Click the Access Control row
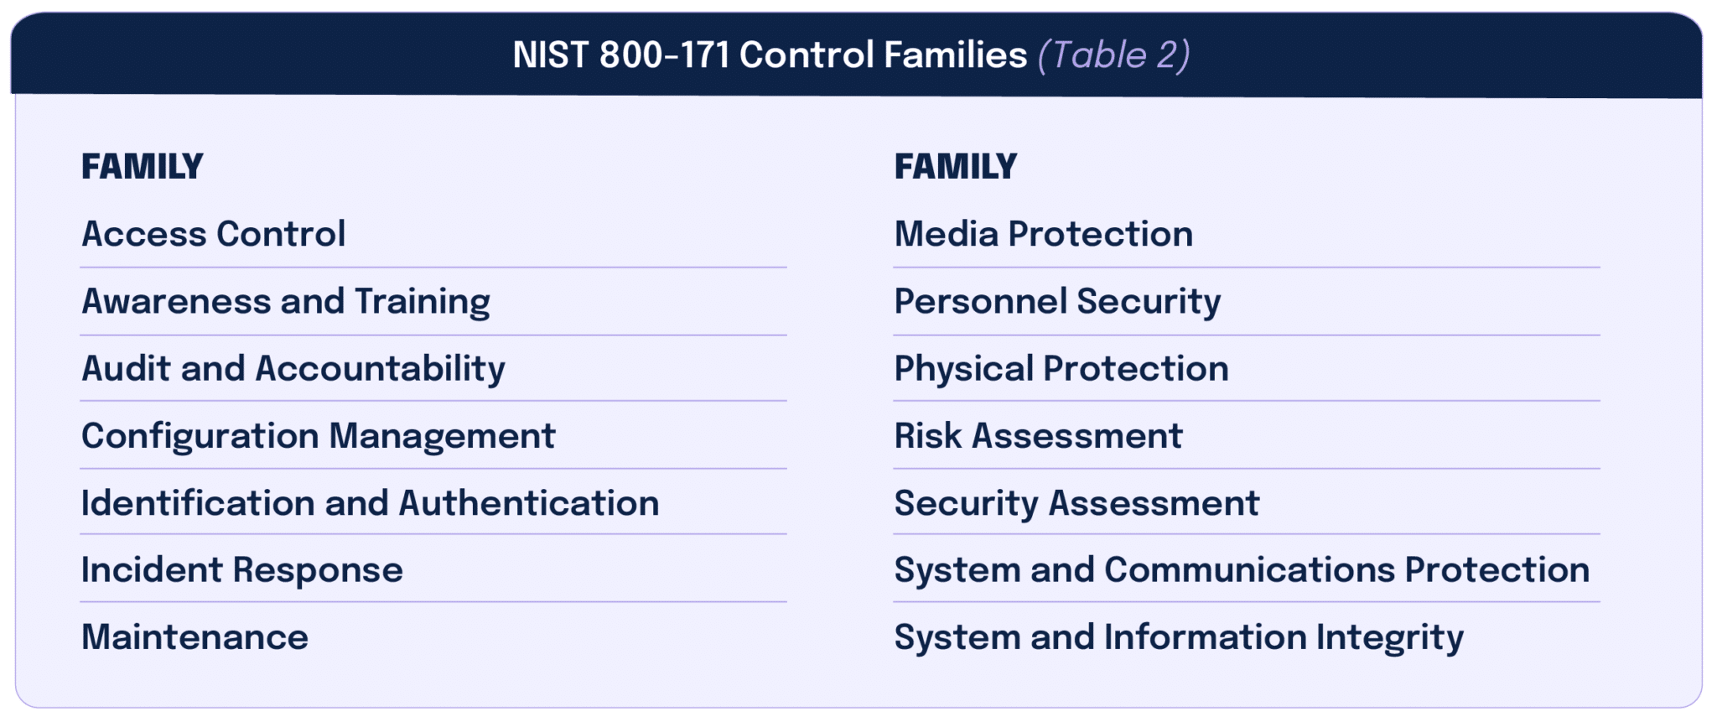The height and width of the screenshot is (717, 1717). coord(213,234)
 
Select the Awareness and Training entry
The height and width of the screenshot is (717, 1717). coord(285,302)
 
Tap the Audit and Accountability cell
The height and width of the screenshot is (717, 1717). coord(293,369)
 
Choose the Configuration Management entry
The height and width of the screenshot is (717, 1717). coord(318,436)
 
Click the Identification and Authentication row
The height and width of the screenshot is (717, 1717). coord(370,503)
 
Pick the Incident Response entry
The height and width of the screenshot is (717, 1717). coord(241,570)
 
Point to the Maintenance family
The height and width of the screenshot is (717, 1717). coord(195,637)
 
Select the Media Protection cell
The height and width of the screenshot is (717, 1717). coord(1043,234)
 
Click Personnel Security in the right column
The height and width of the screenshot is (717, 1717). coord(1056,302)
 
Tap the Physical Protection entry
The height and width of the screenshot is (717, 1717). coord(1061,369)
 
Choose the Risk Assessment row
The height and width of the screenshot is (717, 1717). coord(1038,436)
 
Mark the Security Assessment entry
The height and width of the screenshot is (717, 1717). coord(1076,503)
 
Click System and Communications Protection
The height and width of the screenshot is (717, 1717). coord(1241,570)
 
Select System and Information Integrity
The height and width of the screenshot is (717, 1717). coord(1178,637)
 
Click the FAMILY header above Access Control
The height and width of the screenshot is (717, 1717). coord(142,166)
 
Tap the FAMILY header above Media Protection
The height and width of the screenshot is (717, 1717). coord(955,166)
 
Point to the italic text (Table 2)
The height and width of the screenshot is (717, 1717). coord(1113,55)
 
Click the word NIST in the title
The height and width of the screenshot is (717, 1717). coord(550,55)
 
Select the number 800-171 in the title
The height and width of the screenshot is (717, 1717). coord(664,55)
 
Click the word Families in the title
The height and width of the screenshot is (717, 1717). coord(955,55)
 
